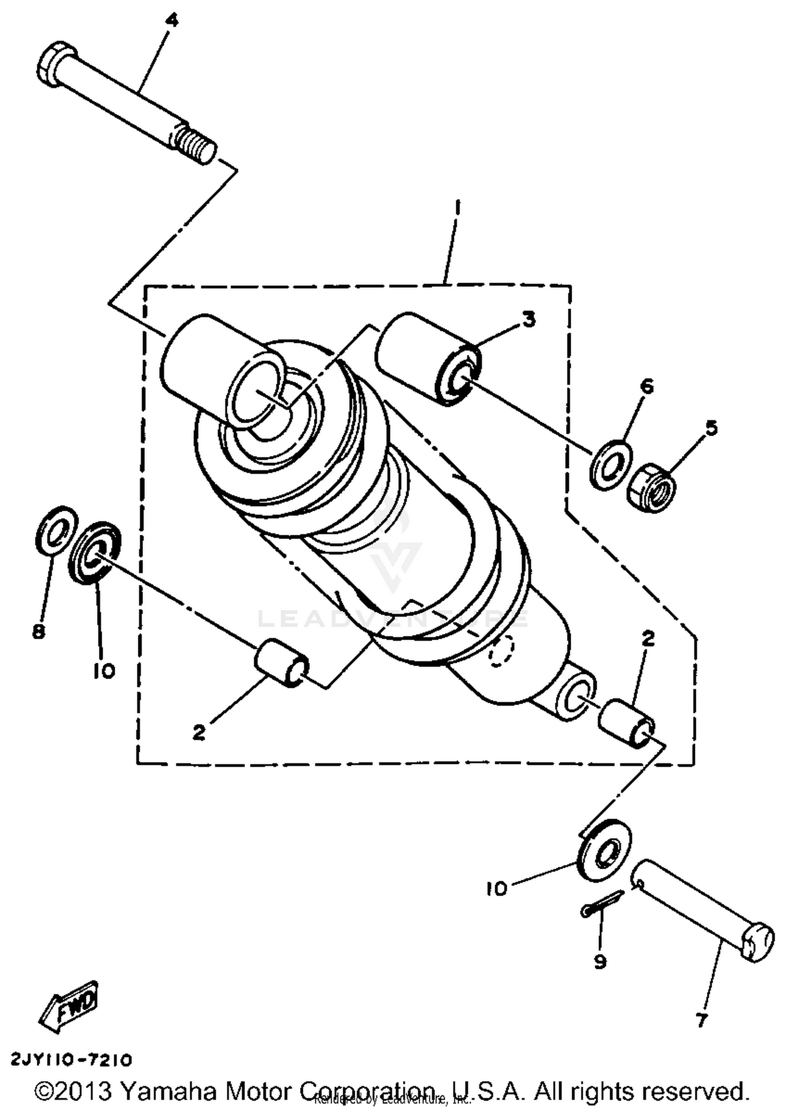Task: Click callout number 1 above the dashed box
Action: (x=457, y=208)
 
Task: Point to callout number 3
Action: (x=529, y=319)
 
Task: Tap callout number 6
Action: (x=647, y=387)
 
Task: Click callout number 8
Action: (x=38, y=632)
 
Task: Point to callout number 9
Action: (x=600, y=962)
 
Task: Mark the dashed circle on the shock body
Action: (x=502, y=651)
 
